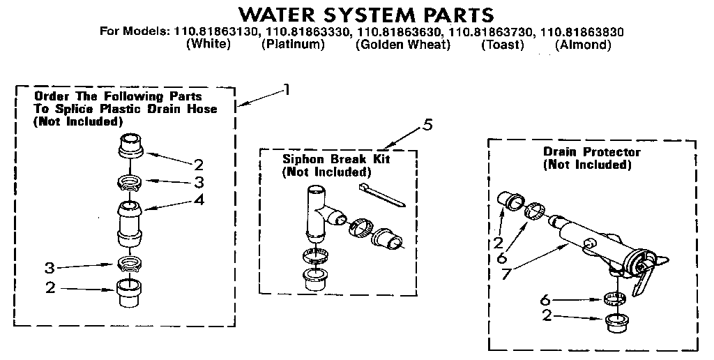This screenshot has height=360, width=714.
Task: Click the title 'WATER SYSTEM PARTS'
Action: coord(366,14)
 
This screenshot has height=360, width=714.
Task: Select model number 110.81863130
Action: coord(214,31)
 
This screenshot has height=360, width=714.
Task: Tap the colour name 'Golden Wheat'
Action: coord(402,45)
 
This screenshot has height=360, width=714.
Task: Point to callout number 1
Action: coord(285,89)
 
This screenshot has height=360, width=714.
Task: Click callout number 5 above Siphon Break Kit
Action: coord(427,125)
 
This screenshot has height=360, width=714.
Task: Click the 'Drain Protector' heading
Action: coord(591,152)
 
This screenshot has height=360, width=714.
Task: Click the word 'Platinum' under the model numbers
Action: coord(293,45)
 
